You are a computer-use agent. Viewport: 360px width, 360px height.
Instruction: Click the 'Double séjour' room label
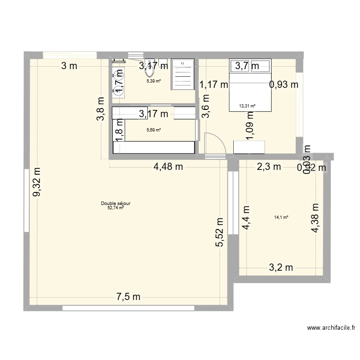point(116,204)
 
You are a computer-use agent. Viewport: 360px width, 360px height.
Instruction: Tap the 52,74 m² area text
point(116,208)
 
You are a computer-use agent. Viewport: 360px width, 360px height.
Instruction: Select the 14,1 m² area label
point(281,217)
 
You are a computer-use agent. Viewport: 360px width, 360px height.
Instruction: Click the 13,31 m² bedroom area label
point(247,107)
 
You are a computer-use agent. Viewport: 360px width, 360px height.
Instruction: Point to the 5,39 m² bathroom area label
point(154,81)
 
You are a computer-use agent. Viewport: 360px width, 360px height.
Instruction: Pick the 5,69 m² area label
point(154,130)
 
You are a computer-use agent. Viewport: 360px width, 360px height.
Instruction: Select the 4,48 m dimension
point(168,167)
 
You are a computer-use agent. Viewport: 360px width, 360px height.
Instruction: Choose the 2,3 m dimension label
point(268,167)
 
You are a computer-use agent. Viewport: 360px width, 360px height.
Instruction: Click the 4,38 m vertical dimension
point(315,217)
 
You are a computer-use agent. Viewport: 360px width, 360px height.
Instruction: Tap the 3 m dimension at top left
point(69,66)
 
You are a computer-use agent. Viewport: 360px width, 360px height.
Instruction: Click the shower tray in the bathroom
point(183,74)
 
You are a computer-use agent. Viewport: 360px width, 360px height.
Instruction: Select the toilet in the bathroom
point(149,71)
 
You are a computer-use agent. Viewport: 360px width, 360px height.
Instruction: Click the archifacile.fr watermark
point(331,328)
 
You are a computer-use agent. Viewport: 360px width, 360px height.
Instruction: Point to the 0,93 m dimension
point(284,84)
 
